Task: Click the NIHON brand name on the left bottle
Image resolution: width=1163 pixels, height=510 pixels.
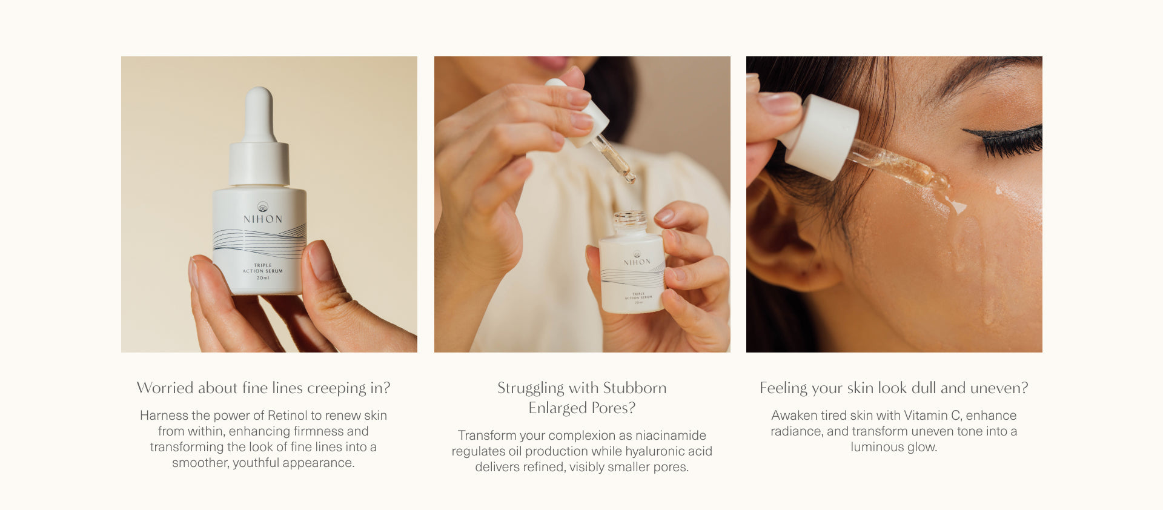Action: point(263,219)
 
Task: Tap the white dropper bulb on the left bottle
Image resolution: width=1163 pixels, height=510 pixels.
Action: point(259,114)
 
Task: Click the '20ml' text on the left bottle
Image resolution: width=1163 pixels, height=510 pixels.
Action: point(263,277)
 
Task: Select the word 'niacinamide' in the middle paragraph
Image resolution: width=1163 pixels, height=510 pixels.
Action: point(671,435)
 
